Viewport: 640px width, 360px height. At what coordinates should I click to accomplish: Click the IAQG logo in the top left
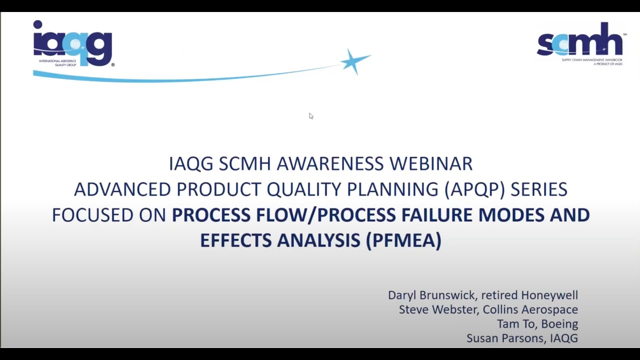(73, 43)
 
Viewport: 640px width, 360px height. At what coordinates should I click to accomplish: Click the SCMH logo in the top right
(580, 43)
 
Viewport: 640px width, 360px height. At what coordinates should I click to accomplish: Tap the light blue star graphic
(355, 61)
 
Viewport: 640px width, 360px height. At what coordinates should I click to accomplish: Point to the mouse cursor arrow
(310, 116)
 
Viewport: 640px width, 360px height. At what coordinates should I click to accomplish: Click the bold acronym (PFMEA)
(403, 240)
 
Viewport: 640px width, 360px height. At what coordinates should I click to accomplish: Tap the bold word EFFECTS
(236, 240)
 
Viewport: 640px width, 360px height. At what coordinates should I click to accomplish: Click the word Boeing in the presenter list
(559, 324)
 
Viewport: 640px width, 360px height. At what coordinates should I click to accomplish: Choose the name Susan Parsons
(505, 338)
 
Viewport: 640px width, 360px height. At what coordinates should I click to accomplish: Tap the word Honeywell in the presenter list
(549, 295)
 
